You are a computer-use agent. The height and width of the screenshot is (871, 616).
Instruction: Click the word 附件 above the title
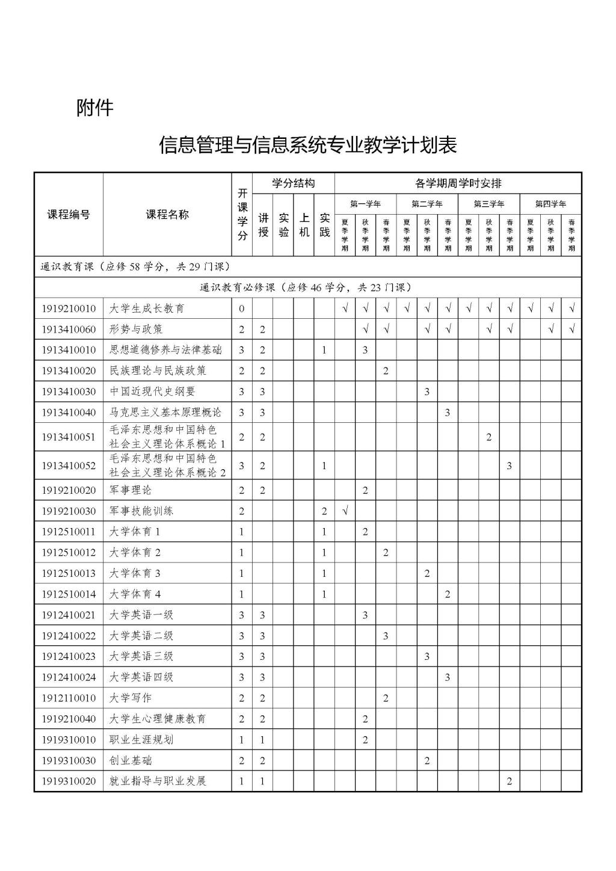click(94, 108)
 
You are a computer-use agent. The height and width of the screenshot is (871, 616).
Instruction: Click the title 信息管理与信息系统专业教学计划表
click(307, 145)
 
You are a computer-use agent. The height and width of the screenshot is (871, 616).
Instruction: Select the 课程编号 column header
click(69, 215)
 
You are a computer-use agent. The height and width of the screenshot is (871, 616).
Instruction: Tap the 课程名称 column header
click(167, 215)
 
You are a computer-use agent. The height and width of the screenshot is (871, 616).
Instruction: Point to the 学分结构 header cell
click(293, 183)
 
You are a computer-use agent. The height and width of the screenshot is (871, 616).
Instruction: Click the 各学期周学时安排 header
click(458, 183)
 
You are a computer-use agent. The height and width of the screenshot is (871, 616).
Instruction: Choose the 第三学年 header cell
click(488, 204)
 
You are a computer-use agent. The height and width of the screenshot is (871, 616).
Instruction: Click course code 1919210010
click(69, 309)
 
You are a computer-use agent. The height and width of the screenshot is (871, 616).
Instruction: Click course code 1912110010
click(69, 698)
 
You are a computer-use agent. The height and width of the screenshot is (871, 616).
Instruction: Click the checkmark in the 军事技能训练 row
click(345, 511)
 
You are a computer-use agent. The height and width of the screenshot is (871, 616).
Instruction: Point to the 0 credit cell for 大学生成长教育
click(242, 309)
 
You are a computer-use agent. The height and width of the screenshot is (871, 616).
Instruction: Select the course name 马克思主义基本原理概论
click(165, 412)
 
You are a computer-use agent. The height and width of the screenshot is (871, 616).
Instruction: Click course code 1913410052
click(69, 466)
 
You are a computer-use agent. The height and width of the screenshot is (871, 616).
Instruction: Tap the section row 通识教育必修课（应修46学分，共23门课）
click(307, 288)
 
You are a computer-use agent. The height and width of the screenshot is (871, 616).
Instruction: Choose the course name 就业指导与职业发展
click(158, 781)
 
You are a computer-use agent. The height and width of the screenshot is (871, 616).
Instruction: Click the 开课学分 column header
click(242, 215)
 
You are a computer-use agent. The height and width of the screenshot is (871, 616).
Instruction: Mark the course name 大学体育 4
click(135, 594)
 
